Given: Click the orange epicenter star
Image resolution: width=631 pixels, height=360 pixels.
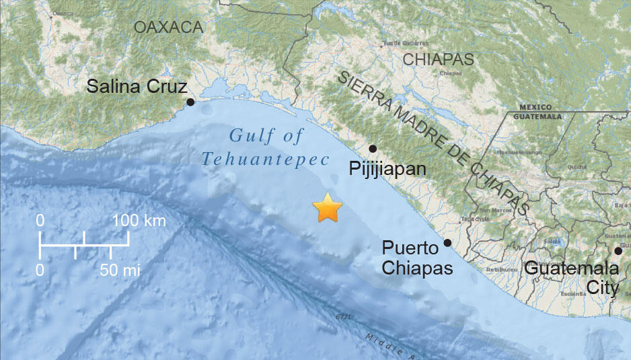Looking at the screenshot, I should [328, 209].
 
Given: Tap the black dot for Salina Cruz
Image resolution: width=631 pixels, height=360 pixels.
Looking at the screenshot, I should [190, 102].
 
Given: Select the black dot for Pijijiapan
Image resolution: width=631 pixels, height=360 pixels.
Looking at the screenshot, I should [373, 148].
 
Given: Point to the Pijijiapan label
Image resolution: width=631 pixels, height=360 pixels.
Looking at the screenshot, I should [387, 168].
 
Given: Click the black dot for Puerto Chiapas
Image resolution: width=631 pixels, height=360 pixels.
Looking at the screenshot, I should [447, 243].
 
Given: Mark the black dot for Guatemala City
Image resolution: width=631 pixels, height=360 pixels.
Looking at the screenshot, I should [618, 251].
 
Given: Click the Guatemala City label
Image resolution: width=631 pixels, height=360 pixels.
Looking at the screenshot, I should [571, 278].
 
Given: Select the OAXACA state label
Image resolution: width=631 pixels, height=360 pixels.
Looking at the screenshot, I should [168, 27].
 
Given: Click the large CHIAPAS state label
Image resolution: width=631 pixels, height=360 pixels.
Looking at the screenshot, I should [438, 59].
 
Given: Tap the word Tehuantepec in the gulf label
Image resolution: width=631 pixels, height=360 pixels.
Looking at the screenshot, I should [266, 159].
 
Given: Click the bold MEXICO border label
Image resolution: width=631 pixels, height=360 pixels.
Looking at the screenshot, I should [535, 107].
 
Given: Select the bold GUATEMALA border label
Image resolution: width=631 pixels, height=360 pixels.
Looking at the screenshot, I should [537, 116].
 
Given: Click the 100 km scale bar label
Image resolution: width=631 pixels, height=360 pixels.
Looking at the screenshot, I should [139, 221].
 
